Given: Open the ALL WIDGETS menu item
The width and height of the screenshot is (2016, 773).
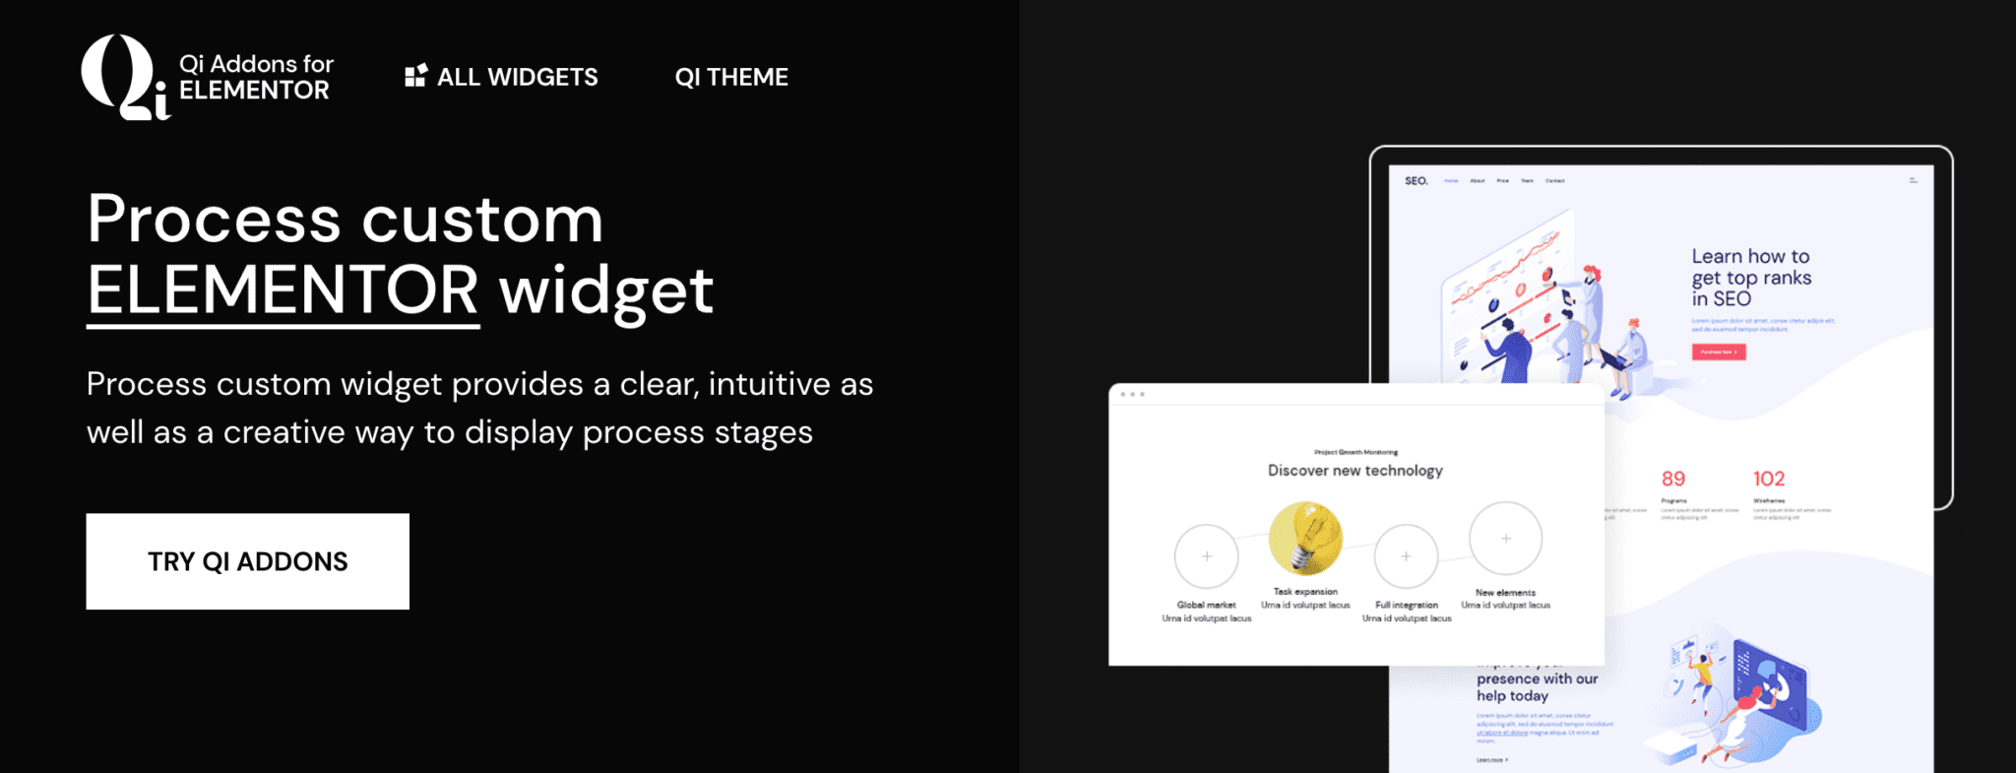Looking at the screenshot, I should coord(517,77).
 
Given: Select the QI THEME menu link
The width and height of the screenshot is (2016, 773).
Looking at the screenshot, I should coord(731,77).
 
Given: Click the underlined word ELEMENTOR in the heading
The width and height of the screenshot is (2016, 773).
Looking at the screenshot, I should coord(283,290).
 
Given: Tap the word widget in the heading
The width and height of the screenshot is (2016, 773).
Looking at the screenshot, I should coord(606,290).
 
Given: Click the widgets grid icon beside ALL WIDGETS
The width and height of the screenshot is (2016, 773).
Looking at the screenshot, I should coord(415,76).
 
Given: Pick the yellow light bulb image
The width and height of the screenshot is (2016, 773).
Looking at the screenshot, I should coord(1305,539).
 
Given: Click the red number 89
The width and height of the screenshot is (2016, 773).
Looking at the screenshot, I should coord(1673,479).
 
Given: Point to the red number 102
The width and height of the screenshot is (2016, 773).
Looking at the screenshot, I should coord(1769,479).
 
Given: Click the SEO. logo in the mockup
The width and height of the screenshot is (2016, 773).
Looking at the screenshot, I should coord(1416,181).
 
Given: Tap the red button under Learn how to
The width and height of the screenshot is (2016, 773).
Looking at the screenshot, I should coord(1719,352).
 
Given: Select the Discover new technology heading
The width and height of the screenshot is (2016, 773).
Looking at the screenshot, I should coord(1355,471).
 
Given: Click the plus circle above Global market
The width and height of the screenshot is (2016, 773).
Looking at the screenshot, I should coord(1207,556).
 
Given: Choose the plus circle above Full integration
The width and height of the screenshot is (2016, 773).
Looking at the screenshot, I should coord(1406,556).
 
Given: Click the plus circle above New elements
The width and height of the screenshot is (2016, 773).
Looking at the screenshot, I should coord(1505,539).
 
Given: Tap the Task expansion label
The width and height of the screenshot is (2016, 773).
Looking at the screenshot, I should coord(1305,592).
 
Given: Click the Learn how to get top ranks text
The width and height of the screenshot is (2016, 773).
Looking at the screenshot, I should coord(1751,278).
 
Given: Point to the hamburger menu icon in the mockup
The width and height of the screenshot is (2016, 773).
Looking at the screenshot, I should coord(1914,181).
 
